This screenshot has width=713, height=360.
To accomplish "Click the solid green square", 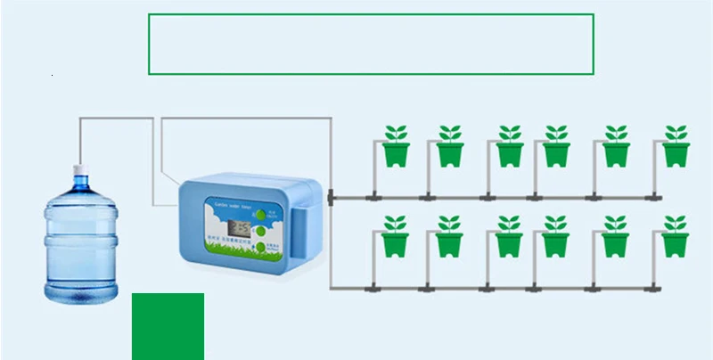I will (168, 326).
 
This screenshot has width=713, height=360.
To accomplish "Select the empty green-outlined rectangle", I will (371, 44).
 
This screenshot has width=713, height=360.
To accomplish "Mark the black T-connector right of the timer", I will (330, 195).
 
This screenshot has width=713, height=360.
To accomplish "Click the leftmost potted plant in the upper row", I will (396, 145).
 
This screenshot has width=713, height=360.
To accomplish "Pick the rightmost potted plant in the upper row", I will (676, 145).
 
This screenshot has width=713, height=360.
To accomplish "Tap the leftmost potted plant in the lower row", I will (396, 236).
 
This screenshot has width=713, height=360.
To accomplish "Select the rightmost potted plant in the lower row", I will (676, 236).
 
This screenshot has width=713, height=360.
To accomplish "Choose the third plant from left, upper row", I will (509, 145).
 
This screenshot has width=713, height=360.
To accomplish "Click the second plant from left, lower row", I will (449, 236).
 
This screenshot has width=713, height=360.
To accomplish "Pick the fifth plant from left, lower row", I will (615, 236).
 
